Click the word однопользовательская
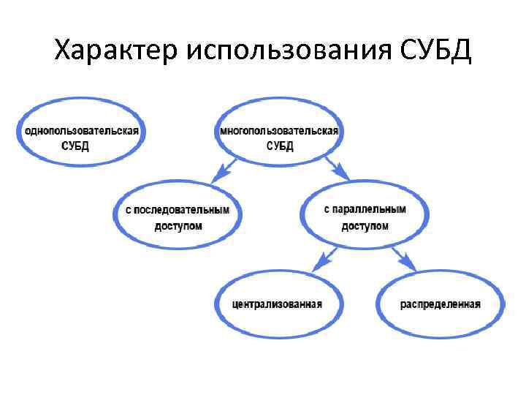82,131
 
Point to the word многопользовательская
280,131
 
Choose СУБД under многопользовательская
280,146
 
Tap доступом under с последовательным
178,226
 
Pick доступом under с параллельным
365,225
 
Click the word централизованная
278,304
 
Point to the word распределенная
441,304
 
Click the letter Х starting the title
64,52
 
